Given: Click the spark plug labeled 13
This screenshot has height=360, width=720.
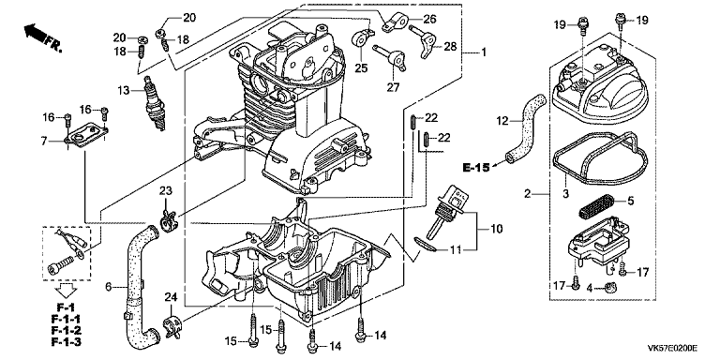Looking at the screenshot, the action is [156, 103].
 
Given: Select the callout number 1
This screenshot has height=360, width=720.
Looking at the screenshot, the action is [483, 52].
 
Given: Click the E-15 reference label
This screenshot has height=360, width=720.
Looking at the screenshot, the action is [475, 168].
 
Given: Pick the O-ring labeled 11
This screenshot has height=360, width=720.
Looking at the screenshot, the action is [427, 245].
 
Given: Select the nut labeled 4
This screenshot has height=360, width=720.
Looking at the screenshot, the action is [611, 289].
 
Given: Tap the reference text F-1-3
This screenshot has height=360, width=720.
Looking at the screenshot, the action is [67, 341].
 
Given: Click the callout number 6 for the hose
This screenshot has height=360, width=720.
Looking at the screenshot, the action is [109, 287].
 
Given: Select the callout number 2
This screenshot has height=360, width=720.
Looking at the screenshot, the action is [528, 194].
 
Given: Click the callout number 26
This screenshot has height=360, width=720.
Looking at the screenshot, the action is [428, 20].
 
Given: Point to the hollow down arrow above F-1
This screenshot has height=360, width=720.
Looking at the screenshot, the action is [66, 291].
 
